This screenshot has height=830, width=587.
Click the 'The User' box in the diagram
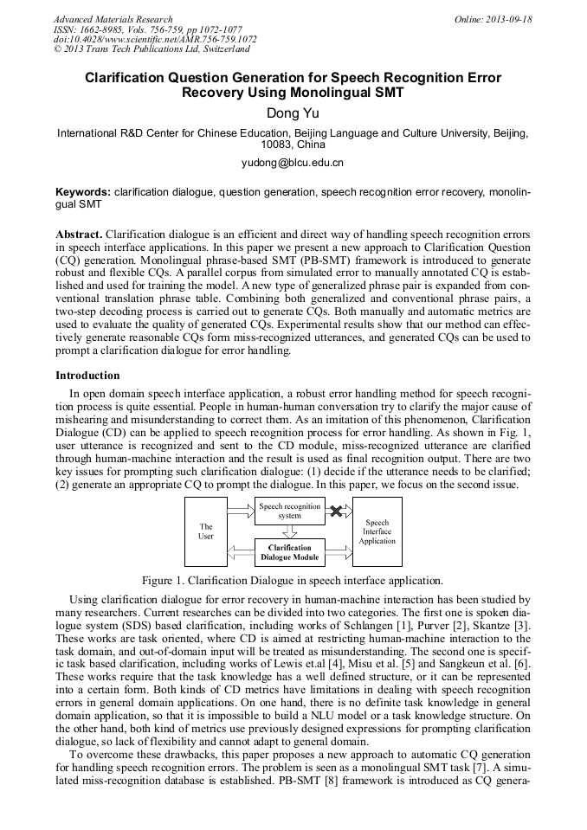click(x=206, y=531)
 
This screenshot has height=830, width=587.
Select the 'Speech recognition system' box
click(x=289, y=511)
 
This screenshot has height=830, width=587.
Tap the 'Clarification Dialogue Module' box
click(x=289, y=552)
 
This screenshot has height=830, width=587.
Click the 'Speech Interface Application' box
click(x=377, y=531)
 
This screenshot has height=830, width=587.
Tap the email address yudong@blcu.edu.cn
click(x=293, y=162)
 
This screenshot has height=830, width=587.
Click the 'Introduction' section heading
click(x=87, y=376)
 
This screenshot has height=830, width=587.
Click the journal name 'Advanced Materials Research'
click(x=113, y=19)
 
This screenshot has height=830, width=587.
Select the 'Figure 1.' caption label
click(x=166, y=580)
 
